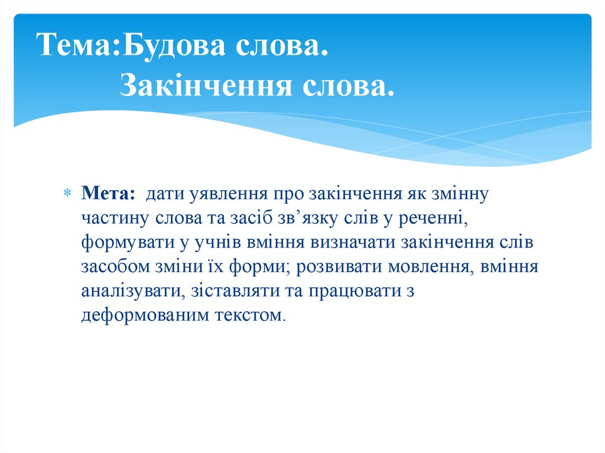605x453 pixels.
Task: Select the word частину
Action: [x=116, y=219]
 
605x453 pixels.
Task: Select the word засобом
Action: [x=115, y=267]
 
